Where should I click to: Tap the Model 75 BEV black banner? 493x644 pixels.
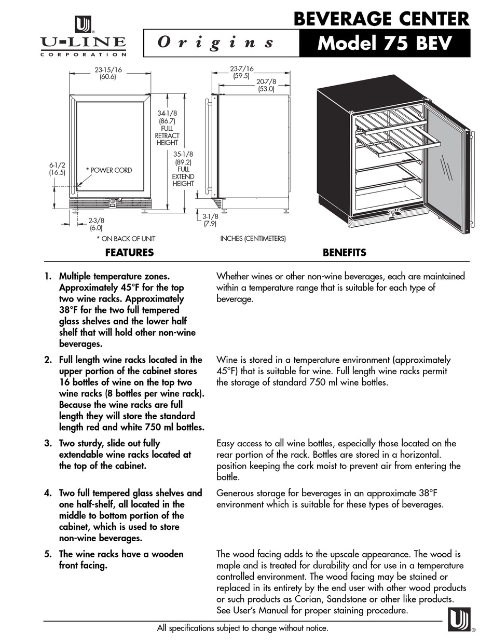(385, 43)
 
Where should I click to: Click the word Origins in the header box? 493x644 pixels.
(216, 43)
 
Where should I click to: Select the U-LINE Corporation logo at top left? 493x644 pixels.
(83, 36)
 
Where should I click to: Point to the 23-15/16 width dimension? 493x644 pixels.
(108, 73)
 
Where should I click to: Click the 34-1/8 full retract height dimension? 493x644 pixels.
(167, 128)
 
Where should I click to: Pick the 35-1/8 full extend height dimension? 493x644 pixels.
(183, 169)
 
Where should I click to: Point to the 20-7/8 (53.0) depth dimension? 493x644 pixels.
(266, 85)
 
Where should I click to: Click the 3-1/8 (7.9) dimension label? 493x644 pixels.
(209, 221)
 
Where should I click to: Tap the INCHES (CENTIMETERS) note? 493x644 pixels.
(253, 239)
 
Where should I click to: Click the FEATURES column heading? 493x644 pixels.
(129, 253)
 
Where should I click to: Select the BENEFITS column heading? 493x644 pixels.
(344, 253)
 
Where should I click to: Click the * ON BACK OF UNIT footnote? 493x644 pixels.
(126, 239)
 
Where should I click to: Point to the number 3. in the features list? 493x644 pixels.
(48, 443)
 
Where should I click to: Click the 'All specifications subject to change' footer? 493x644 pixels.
(242, 628)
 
